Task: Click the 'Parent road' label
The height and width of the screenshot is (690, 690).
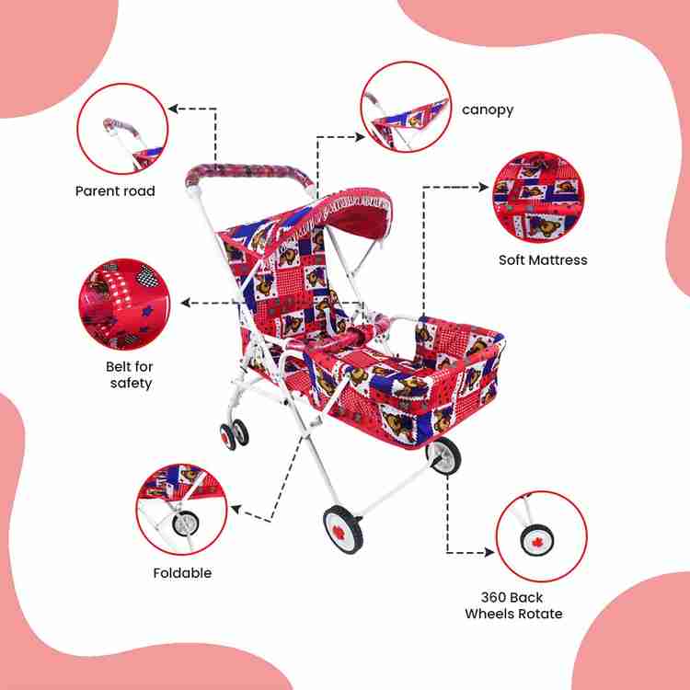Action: pyautogui.click(x=115, y=191)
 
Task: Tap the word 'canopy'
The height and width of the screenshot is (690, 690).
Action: pyautogui.click(x=488, y=109)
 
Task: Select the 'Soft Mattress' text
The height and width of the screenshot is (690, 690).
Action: pyautogui.click(x=543, y=259)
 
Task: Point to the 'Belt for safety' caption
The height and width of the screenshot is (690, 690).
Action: pyautogui.click(x=130, y=374)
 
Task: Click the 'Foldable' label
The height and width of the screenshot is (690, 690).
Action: pyautogui.click(x=182, y=572)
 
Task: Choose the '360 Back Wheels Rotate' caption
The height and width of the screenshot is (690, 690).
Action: pyautogui.click(x=513, y=605)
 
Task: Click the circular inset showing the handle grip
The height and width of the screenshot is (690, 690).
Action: pyautogui.click(x=122, y=129)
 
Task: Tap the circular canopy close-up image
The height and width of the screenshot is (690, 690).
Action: pyautogui.click(x=406, y=107)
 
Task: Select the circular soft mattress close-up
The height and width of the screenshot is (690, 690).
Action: pyautogui.click(x=538, y=197)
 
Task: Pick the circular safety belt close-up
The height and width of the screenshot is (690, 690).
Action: pyautogui.click(x=124, y=305)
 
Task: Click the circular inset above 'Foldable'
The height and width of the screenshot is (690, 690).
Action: pyautogui.click(x=181, y=509)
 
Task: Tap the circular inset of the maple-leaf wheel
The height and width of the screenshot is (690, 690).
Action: pyautogui.click(x=542, y=536)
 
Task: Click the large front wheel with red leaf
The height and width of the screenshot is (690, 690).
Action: pyautogui.click(x=343, y=529)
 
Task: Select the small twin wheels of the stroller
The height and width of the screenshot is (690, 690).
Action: pyautogui.click(x=234, y=434)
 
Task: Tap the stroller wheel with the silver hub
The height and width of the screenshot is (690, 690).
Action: pyautogui.click(x=443, y=456)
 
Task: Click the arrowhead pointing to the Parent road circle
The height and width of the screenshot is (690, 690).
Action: pyautogui.click(x=173, y=109)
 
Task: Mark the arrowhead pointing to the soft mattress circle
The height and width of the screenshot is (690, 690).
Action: pyautogui.click(x=484, y=187)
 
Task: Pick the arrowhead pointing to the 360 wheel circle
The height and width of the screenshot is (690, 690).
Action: pyautogui.click(x=489, y=552)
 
